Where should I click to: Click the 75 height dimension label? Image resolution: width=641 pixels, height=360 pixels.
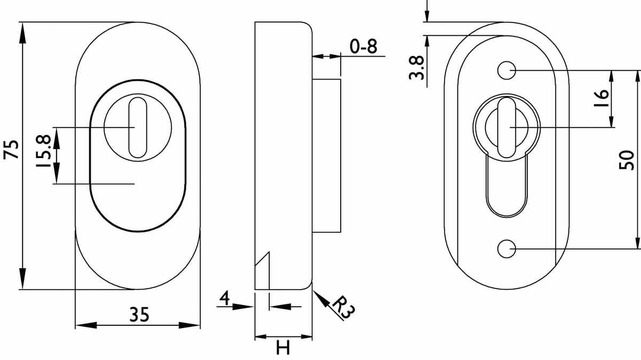click(x=11, y=150)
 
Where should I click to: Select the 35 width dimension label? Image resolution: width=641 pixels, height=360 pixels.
click(x=139, y=315)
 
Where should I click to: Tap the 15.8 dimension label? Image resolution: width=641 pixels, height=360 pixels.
click(x=43, y=151)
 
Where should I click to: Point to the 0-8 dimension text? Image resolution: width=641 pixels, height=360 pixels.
click(x=363, y=46)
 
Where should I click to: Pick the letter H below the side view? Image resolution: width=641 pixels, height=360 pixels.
click(x=283, y=347)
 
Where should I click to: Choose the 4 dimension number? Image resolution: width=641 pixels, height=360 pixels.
click(x=225, y=298)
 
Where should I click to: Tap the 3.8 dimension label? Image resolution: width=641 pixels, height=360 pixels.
click(x=416, y=67)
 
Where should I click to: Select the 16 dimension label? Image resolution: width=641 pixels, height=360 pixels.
click(x=601, y=98)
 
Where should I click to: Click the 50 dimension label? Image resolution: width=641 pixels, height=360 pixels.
click(x=627, y=160)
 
